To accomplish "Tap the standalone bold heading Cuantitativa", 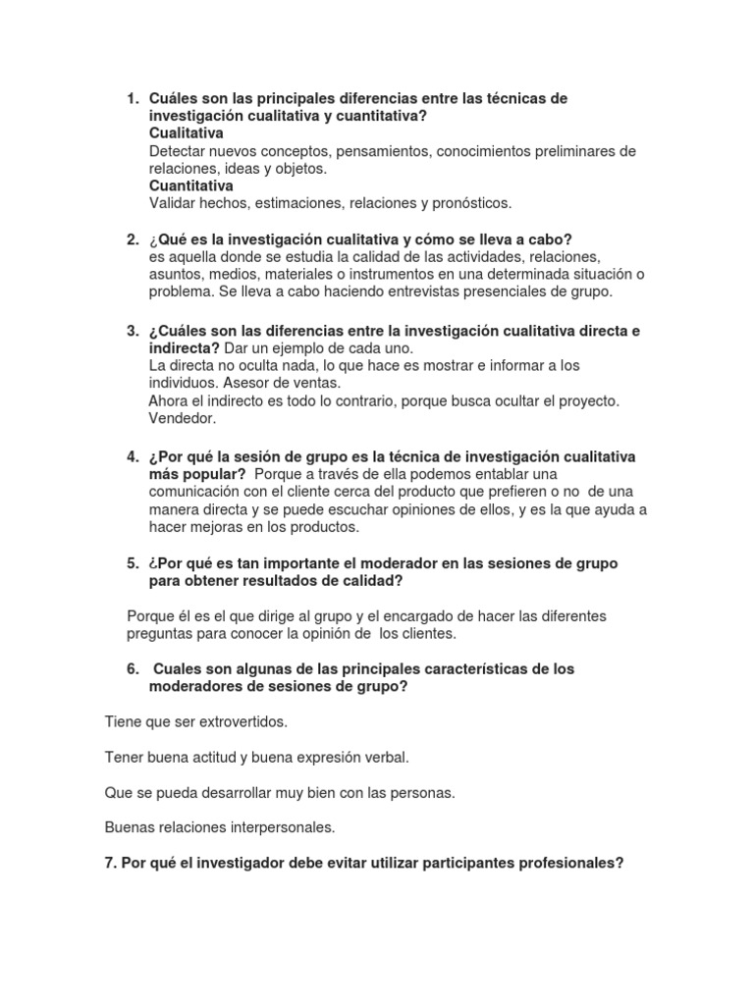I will click(191, 185).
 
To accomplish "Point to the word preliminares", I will click(568, 151).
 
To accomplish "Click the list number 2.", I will click(133, 239).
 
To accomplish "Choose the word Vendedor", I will click(182, 417).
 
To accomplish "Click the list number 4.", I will click(133, 457).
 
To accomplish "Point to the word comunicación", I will click(199, 493).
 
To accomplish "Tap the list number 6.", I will click(133, 668).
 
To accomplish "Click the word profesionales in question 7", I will click(564, 863).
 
